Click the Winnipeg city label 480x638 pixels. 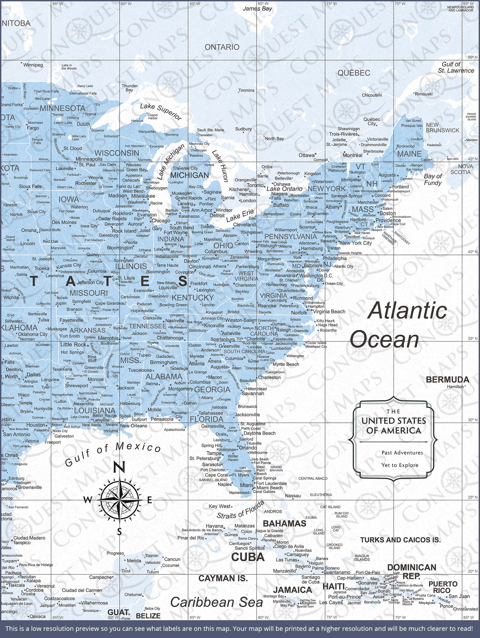coord(33,65)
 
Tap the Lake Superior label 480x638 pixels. coord(161,112)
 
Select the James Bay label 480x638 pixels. coord(257,9)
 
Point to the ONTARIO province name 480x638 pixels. coord(222,47)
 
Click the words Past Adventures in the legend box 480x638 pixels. coord(402,453)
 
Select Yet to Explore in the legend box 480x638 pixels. coord(400,465)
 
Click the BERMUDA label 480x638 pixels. coord(447,380)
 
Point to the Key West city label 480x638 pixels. coord(220,506)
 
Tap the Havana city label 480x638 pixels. coord(214,526)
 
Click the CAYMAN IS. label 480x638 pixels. coord(223,578)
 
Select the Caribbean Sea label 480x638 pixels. coord(216,602)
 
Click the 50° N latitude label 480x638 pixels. coord(473,57)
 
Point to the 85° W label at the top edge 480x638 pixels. coord(195,4)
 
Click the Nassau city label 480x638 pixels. coord(293,496)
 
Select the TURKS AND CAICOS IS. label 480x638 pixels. coord(400,540)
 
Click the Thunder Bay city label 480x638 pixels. coord(129,88)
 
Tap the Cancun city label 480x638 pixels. coord(172,559)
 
